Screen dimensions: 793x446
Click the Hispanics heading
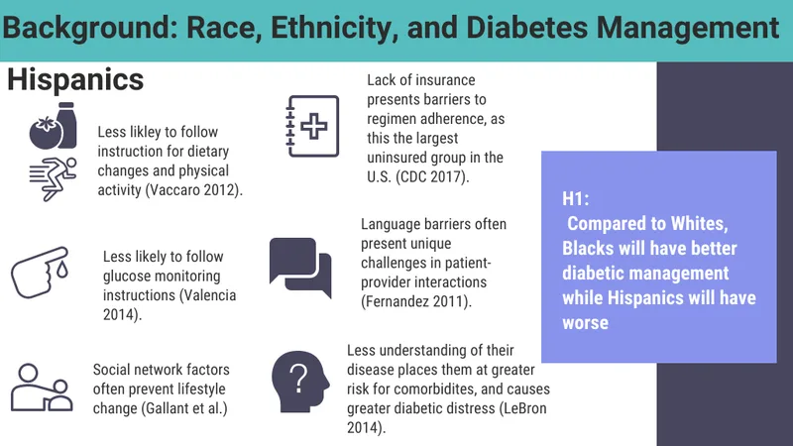coord(75,80)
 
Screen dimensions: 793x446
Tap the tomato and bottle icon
coord(54,126)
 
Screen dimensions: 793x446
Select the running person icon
coord(54,179)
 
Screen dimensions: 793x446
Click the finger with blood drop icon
coord(40,272)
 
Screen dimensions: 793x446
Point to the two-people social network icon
coord(42,388)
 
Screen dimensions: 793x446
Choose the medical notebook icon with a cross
coord(312,126)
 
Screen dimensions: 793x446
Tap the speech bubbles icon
coord(300,268)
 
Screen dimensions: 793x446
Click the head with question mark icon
coord(300,382)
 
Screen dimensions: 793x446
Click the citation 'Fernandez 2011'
coord(414,302)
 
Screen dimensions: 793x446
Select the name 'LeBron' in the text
coord(525,408)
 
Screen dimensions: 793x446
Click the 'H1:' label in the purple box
coord(576,199)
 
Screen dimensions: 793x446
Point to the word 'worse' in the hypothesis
coord(585,323)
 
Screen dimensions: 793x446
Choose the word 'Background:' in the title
coord(90,29)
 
